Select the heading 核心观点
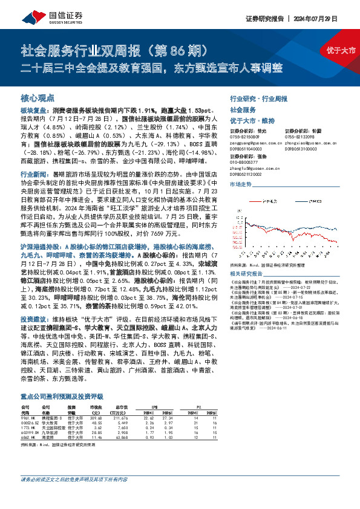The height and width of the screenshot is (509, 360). tap(38, 97)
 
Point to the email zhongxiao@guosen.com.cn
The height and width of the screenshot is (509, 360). tap(301, 141)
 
